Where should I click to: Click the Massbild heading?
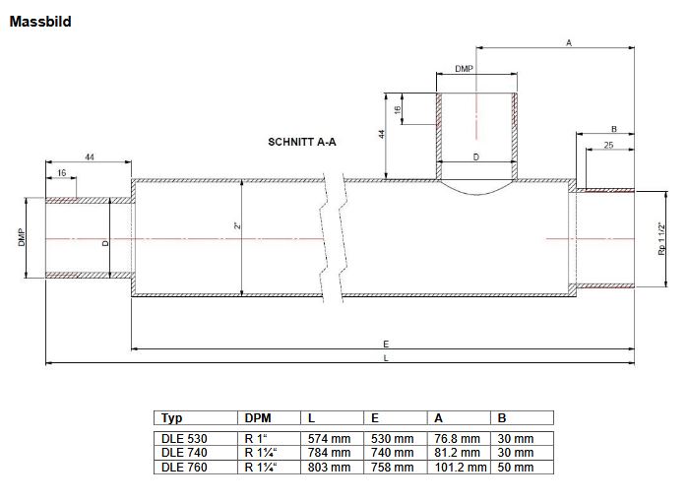coord(39,21)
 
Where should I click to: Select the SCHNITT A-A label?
coord(302,142)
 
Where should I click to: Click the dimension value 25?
coord(609,146)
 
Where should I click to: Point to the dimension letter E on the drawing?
coord(386,343)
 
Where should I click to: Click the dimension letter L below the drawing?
coord(386,358)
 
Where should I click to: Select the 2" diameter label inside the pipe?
coord(237,225)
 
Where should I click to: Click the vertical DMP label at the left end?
coord(23,237)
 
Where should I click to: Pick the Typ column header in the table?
coord(171,417)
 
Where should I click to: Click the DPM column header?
coord(256,417)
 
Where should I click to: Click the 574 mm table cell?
coord(329,438)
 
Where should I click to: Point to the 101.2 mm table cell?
coord(460,468)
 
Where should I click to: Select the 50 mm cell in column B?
coord(517,468)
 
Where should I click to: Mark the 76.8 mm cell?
coord(457,438)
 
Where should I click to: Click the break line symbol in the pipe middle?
coord(335,237)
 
